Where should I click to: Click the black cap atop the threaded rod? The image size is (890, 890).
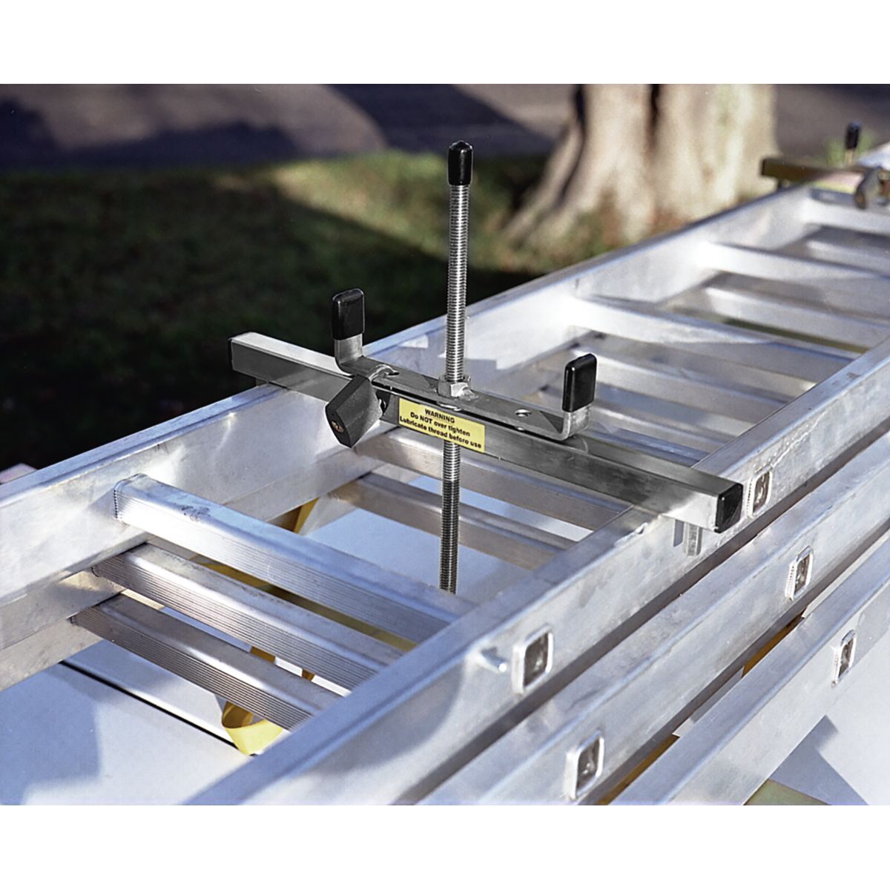click(x=460, y=157)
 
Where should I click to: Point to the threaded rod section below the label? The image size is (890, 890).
click(x=449, y=519)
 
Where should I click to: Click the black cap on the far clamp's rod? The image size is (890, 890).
click(x=853, y=136)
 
